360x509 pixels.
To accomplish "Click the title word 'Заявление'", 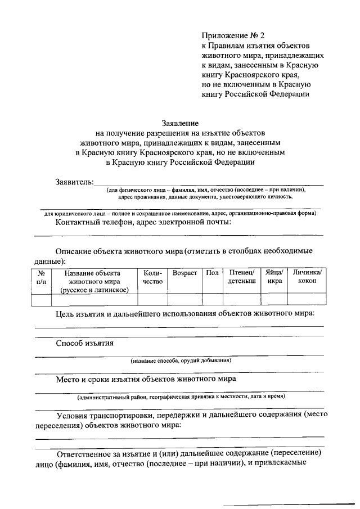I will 179,122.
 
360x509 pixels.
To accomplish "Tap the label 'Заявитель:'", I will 74,182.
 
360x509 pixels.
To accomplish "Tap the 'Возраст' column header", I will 184,273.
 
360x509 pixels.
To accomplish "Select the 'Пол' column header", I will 212,273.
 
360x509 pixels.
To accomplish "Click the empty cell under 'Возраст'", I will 184,299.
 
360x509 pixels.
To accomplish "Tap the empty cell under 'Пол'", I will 212,299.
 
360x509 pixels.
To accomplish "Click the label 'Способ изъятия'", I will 85,343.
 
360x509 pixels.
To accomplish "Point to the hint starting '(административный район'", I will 181,397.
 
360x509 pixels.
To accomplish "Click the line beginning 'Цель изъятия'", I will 185,313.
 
